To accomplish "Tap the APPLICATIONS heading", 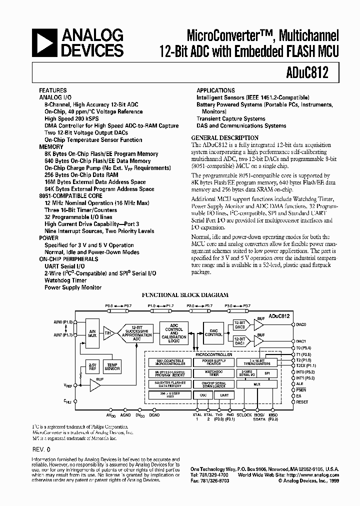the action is (x=215, y=90).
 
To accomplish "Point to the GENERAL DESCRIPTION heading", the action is (x=225, y=137).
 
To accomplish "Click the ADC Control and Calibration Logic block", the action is (x=174, y=333).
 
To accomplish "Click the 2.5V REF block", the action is (x=92, y=367).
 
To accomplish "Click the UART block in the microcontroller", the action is (x=223, y=395).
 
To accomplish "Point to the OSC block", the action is (x=202, y=395).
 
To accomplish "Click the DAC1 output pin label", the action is (x=301, y=341).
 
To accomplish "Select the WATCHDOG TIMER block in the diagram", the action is (x=213, y=372).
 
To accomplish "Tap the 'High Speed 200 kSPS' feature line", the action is (x=71, y=118).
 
